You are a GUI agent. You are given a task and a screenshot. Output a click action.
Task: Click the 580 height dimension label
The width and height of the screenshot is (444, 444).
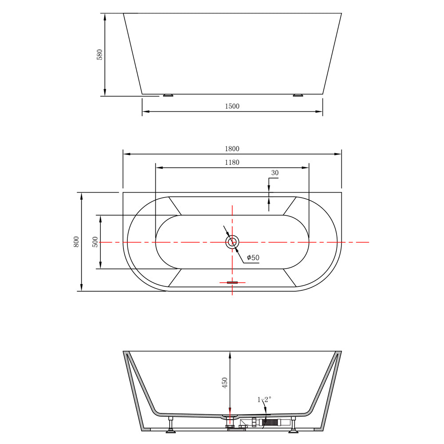tap(99, 55)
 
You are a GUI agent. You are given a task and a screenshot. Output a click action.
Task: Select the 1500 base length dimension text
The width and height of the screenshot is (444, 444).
tap(232, 106)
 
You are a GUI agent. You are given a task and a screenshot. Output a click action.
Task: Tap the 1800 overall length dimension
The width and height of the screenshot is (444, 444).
tap(232, 149)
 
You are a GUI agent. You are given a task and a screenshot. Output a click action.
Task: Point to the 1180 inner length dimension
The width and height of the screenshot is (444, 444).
tap(232, 162)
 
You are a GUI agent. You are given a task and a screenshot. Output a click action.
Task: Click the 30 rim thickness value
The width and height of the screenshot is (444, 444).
tap(275, 173)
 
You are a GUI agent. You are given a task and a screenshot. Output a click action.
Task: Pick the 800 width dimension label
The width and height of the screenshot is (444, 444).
tap(76, 242)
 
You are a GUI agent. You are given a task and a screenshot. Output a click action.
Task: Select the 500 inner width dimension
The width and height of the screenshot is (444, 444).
tap(95, 242)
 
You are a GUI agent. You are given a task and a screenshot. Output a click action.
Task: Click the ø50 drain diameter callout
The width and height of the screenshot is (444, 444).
tap(253, 258)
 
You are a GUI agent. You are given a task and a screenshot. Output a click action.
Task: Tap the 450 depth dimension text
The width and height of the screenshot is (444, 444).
tap(225, 383)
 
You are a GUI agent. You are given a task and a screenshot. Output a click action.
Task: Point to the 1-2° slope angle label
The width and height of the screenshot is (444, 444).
tap(264, 399)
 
